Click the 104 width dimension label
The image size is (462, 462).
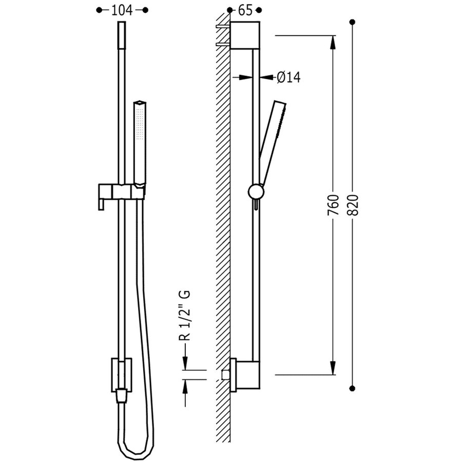click(122, 10)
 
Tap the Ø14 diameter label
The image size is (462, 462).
click(288, 78)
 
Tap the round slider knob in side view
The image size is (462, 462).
click(256, 192)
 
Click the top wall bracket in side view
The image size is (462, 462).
click(245, 35)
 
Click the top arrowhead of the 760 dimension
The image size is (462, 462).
click(333, 43)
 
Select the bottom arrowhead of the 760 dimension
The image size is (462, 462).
click(333, 368)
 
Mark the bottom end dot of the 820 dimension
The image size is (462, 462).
click(352, 388)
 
